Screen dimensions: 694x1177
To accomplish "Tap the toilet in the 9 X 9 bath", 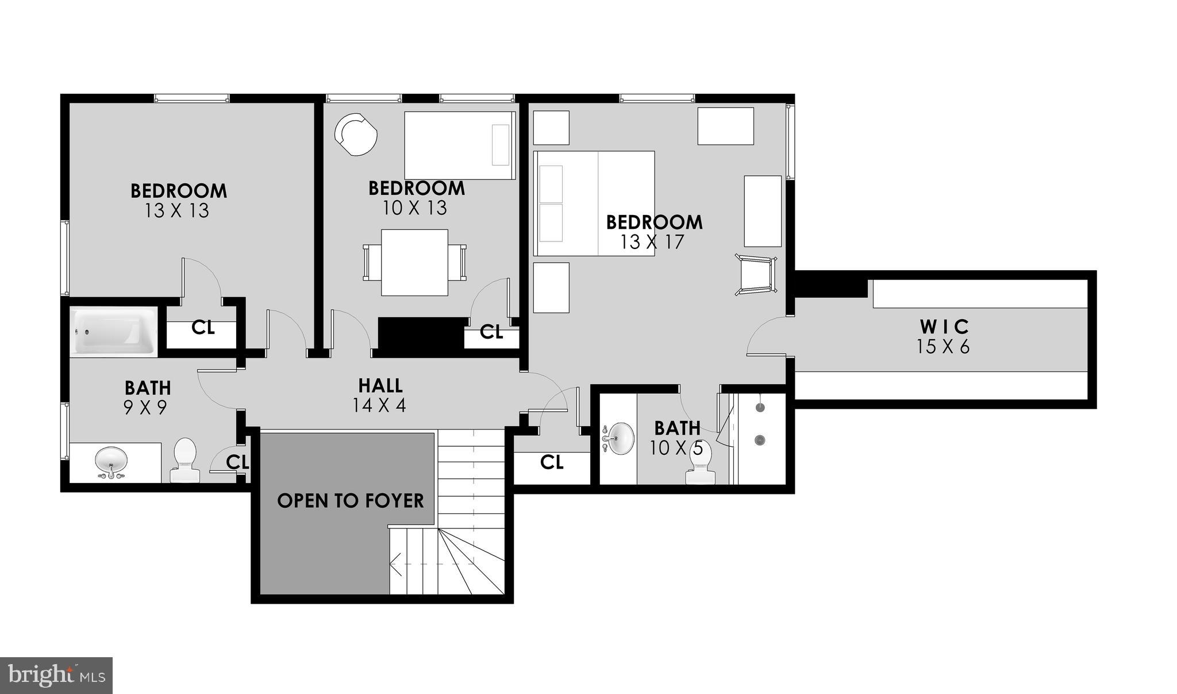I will [185, 460].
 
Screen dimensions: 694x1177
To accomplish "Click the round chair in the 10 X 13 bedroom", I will [356, 134].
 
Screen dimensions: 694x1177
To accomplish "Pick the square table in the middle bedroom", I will [414, 263].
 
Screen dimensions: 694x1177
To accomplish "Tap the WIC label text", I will [944, 327].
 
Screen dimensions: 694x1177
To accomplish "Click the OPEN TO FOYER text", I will [350, 501].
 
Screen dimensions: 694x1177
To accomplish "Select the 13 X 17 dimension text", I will [652, 242].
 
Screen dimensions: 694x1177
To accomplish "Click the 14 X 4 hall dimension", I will [379, 405].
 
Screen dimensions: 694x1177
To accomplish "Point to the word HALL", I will [380, 385].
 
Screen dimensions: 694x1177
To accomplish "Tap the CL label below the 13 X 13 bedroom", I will [203, 327].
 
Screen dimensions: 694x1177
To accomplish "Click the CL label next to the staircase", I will [552, 462].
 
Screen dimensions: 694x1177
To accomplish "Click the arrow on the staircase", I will [395, 564].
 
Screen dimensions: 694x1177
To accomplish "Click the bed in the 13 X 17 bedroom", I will [594, 204].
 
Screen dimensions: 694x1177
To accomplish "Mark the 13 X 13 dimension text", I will [177, 211].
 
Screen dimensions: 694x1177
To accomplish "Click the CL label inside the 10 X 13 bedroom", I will [491, 332].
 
